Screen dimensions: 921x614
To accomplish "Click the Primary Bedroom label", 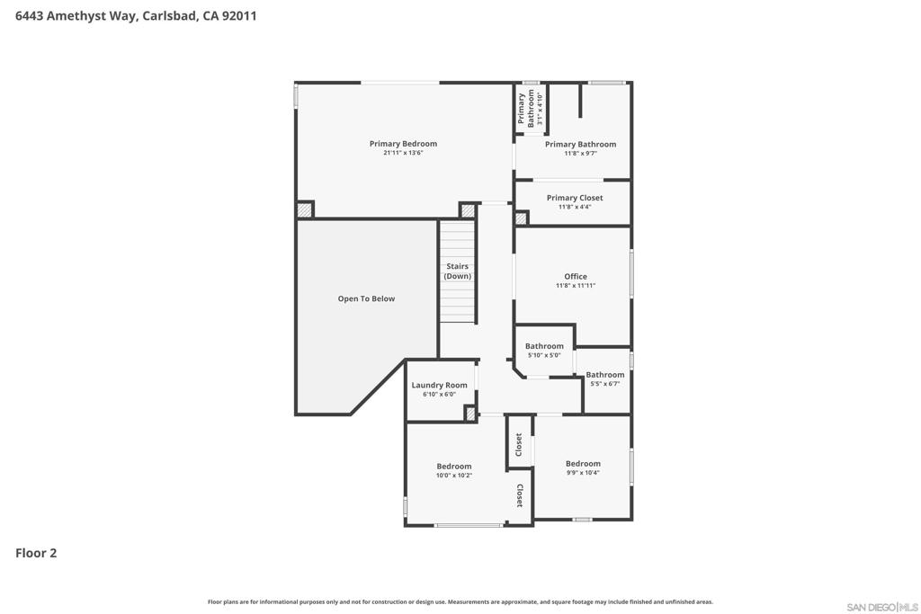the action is [x=403, y=144].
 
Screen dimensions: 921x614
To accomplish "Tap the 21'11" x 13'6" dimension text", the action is [x=403, y=153].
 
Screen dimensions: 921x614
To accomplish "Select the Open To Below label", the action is [x=366, y=298].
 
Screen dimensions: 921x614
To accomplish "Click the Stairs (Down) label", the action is [x=457, y=271].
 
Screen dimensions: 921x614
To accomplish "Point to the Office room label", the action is [x=576, y=277].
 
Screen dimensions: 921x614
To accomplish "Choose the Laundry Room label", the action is [x=439, y=385].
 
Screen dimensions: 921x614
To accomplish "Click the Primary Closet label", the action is [x=575, y=198].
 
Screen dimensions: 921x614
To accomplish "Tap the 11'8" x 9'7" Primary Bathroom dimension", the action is [x=580, y=154].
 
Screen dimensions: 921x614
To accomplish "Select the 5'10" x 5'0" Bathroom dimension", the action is [x=544, y=356].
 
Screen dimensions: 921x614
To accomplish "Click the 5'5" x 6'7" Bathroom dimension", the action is [x=605, y=384].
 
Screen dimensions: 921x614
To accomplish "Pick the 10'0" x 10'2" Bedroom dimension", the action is [x=454, y=476].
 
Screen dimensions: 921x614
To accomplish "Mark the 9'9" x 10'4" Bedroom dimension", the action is [x=583, y=473].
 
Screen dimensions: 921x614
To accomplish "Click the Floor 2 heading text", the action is [x=36, y=553].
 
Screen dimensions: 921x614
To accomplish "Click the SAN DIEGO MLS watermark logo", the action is [x=882, y=607].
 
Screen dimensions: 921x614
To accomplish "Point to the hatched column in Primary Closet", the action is [x=521, y=218].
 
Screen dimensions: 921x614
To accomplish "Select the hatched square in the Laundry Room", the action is [x=470, y=414].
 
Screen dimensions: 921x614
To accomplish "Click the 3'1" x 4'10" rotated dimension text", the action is [x=540, y=108].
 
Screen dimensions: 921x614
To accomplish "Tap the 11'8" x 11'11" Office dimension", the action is [x=576, y=286].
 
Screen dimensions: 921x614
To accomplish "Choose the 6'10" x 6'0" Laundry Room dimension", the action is [x=439, y=395].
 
